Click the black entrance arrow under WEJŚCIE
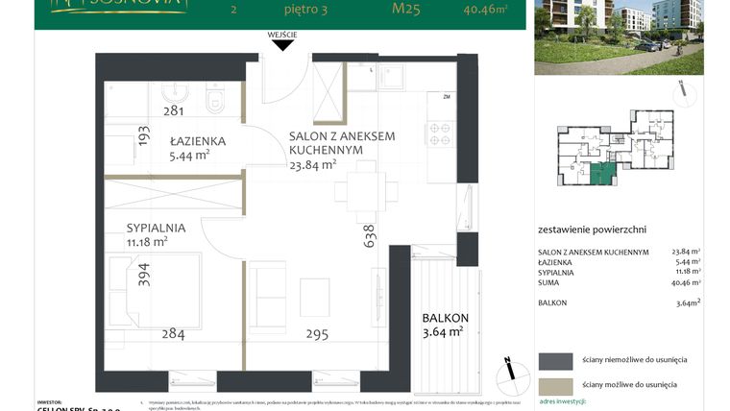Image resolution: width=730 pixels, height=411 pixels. tap(283, 46)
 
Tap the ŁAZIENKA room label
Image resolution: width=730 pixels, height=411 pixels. tap(197, 141)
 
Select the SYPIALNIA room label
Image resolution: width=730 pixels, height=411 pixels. tap(156, 229)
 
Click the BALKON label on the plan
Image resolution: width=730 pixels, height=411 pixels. tap(446, 318)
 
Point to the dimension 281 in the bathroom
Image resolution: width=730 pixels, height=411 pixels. tap(173, 111)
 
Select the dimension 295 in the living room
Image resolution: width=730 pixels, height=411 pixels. tap(317, 335)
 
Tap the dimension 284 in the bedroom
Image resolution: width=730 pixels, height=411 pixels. tap(173, 335)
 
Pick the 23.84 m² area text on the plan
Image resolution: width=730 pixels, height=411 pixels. tap(312, 164)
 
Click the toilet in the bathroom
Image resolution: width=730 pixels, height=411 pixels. tap(214, 96)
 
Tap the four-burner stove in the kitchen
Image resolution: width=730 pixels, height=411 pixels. tap(439, 133)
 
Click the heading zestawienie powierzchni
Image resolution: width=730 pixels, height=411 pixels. tap(592, 230)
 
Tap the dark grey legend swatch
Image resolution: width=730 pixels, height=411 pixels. tap(554, 360)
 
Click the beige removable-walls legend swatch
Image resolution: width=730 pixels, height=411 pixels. tap(554, 385)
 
